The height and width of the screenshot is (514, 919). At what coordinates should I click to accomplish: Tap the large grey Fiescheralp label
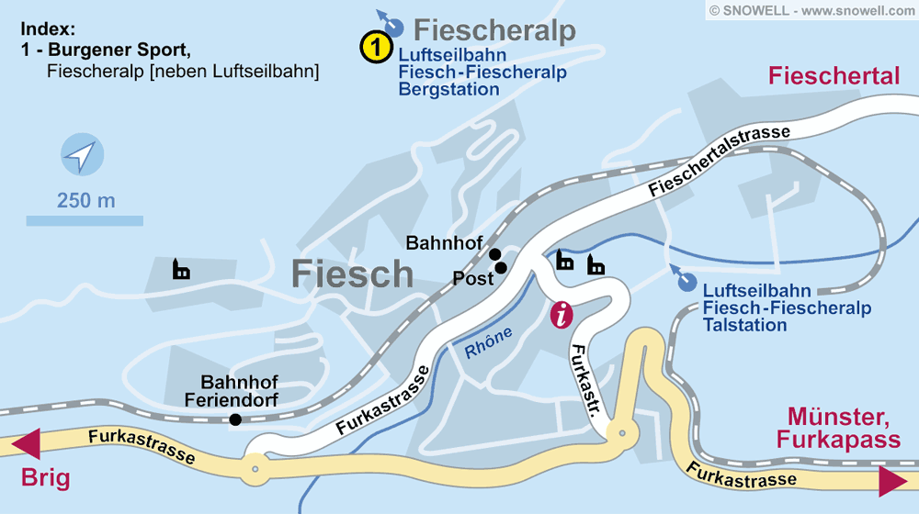494,29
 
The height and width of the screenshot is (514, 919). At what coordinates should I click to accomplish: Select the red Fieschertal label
834,76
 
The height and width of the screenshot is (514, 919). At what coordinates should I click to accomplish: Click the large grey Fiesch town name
353,274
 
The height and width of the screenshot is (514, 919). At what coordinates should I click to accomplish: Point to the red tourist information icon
562,314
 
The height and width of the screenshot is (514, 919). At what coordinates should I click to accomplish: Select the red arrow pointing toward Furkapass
892,481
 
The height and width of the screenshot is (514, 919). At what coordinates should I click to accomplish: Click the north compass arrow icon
81,155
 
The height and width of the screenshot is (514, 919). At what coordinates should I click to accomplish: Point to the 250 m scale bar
85,220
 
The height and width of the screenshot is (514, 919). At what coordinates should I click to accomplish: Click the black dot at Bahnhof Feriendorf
236,419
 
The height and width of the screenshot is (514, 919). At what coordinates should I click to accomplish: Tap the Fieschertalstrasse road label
719,162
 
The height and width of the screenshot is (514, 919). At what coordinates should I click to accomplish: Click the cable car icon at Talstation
684,280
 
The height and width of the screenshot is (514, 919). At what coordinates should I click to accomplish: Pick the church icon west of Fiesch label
182,270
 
